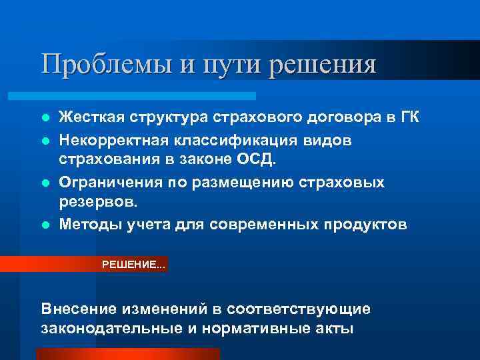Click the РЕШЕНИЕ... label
[134, 265]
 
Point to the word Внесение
[79, 309]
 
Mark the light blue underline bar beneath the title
[147, 96]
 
